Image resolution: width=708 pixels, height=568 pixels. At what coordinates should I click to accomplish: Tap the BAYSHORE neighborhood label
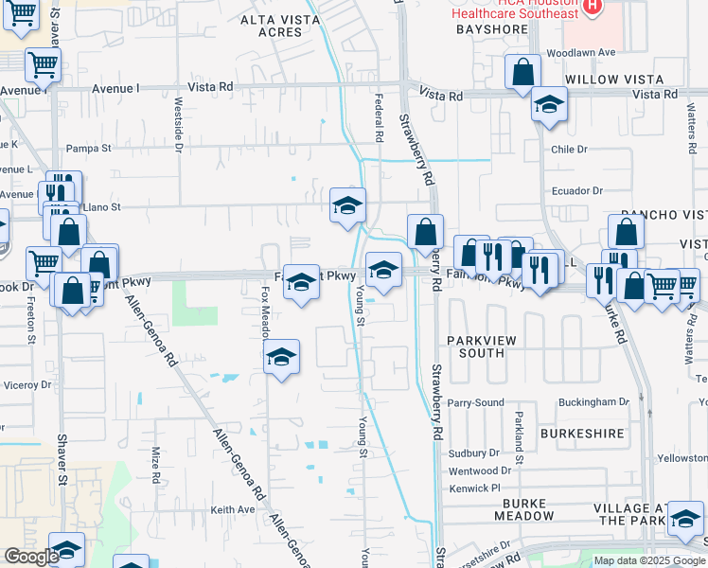click(x=491, y=30)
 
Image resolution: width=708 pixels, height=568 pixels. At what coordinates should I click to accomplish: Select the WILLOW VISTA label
click(x=613, y=80)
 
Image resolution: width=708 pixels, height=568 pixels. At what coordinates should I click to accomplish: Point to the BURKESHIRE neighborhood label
click(x=582, y=434)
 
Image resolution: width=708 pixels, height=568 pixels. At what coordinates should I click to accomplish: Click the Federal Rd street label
click(x=379, y=118)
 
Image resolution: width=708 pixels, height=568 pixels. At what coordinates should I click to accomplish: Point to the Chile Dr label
click(x=570, y=150)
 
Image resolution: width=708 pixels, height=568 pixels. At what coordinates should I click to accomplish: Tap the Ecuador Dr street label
click(x=576, y=190)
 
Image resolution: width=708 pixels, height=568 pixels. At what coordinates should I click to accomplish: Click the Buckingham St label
click(x=594, y=401)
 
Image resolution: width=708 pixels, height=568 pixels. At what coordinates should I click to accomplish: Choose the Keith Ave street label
click(x=233, y=509)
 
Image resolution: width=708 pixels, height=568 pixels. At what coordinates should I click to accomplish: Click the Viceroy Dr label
click(x=27, y=385)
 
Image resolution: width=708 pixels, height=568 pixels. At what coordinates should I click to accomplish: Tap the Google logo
click(x=31, y=557)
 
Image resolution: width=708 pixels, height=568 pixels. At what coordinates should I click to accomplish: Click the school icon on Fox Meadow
click(x=281, y=358)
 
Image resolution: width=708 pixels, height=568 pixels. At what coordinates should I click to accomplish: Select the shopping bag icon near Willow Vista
click(x=522, y=72)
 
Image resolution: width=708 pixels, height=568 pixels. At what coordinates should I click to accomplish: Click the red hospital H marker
click(x=592, y=6)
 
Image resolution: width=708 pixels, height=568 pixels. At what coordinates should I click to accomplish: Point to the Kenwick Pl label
click(x=475, y=488)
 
